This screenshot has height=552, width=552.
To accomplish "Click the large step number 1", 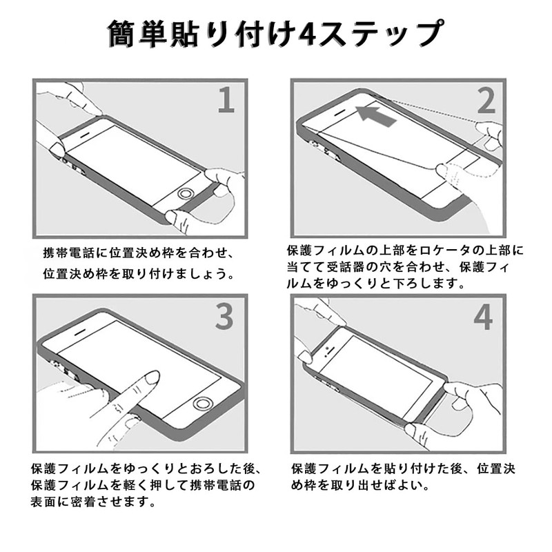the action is pos(226,101).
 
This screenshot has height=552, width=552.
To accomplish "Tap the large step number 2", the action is pos(486,101).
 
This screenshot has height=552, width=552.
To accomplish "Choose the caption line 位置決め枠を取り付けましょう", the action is pos(139,273).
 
